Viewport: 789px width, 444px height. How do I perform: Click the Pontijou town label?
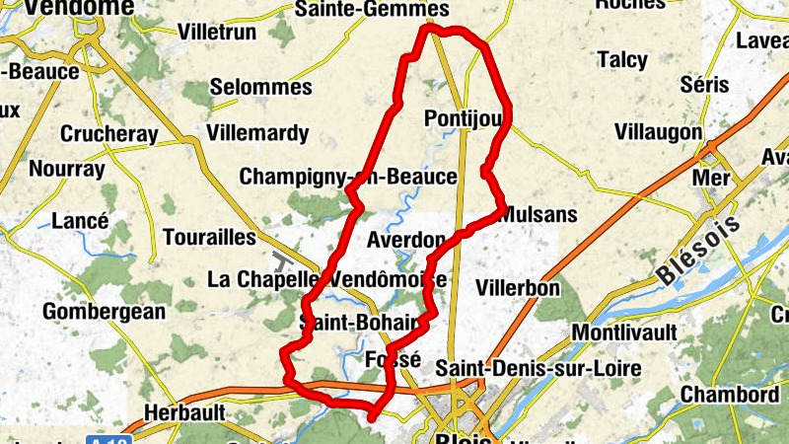463,118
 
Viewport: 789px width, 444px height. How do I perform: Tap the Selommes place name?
260,87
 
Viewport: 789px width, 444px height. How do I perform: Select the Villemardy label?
257,132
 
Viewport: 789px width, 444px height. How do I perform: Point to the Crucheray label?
104,133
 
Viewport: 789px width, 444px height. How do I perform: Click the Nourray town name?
66,169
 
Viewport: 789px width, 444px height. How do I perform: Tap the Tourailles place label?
208,238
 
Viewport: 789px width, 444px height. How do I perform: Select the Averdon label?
405,240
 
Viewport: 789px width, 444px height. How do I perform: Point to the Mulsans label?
539,214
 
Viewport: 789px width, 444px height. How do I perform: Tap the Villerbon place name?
517,288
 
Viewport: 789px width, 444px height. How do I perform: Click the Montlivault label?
624,333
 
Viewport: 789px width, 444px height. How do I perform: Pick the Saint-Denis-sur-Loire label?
538,368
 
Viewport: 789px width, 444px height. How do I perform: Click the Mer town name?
712,179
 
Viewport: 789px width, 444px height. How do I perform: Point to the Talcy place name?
622,60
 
